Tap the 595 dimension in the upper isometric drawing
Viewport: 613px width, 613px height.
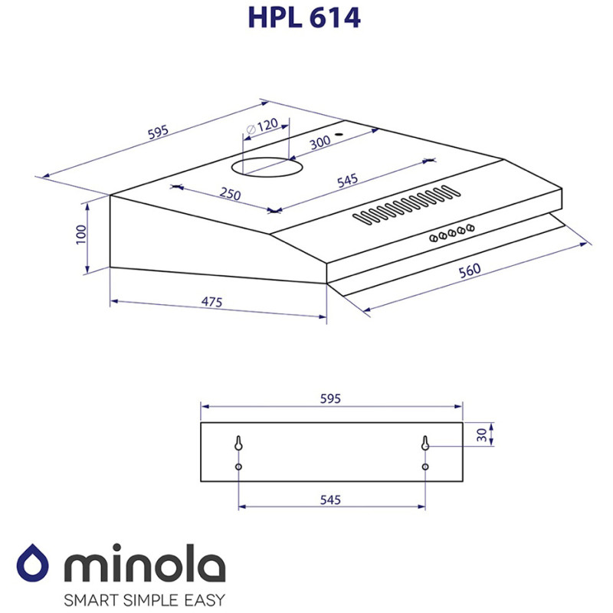tap(158, 133)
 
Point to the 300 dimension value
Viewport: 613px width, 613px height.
tap(320, 141)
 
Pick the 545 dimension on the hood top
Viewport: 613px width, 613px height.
tap(347, 182)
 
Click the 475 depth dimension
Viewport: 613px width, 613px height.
tap(211, 302)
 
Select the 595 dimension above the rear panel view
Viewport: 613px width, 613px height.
tap(330, 398)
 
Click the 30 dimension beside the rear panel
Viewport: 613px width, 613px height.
tap(481, 434)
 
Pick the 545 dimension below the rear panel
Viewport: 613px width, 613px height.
tap(330, 500)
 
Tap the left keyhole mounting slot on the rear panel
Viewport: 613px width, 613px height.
tap(239, 444)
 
